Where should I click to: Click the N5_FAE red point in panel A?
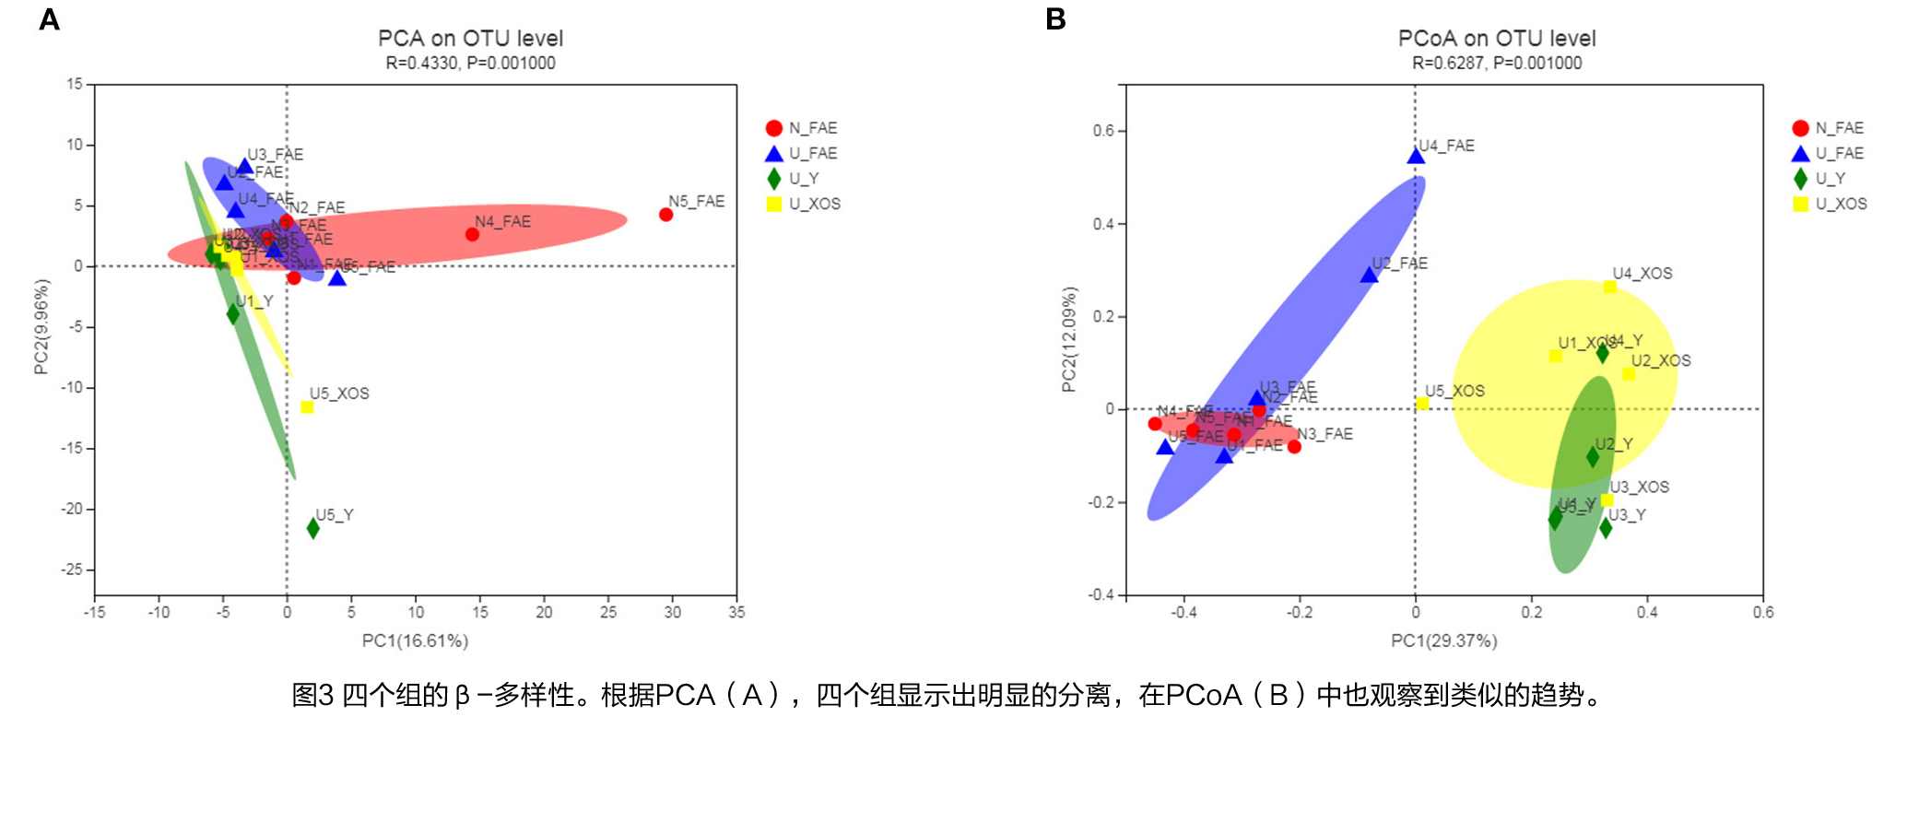pyautogui.click(x=665, y=215)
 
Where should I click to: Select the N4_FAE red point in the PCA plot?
pyautogui.click(x=472, y=234)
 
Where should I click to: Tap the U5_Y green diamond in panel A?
pyautogui.click(x=313, y=528)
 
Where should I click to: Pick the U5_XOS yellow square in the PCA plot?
pyautogui.click(x=307, y=407)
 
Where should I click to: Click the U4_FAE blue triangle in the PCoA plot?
pyautogui.click(x=1416, y=157)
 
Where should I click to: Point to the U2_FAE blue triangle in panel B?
pyautogui.click(x=1369, y=275)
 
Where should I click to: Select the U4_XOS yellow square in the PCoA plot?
pyautogui.click(x=1609, y=288)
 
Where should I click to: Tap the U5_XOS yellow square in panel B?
pyautogui.click(x=1422, y=404)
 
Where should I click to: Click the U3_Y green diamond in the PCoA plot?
pyautogui.click(x=1606, y=528)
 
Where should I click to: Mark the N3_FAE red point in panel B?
pyautogui.click(x=1294, y=447)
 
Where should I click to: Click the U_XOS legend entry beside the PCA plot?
pyautogui.click(x=803, y=204)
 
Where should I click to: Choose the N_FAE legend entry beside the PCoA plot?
pyautogui.click(x=1829, y=128)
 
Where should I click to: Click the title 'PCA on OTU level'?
pyautogui.click(x=470, y=39)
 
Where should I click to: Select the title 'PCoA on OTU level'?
pyautogui.click(x=1497, y=39)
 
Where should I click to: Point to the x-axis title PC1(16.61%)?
pyautogui.click(x=415, y=640)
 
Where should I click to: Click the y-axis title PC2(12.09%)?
pyautogui.click(x=1069, y=339)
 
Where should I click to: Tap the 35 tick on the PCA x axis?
pyautogui.click(x=736, y=612)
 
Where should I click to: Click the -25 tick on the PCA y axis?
pyautogui.click(x=72, y=570)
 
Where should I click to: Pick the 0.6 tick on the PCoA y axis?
pyautogui.click(x=1103, y=131)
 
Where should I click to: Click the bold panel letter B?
pyautogui.click(x=1055, y=18)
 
